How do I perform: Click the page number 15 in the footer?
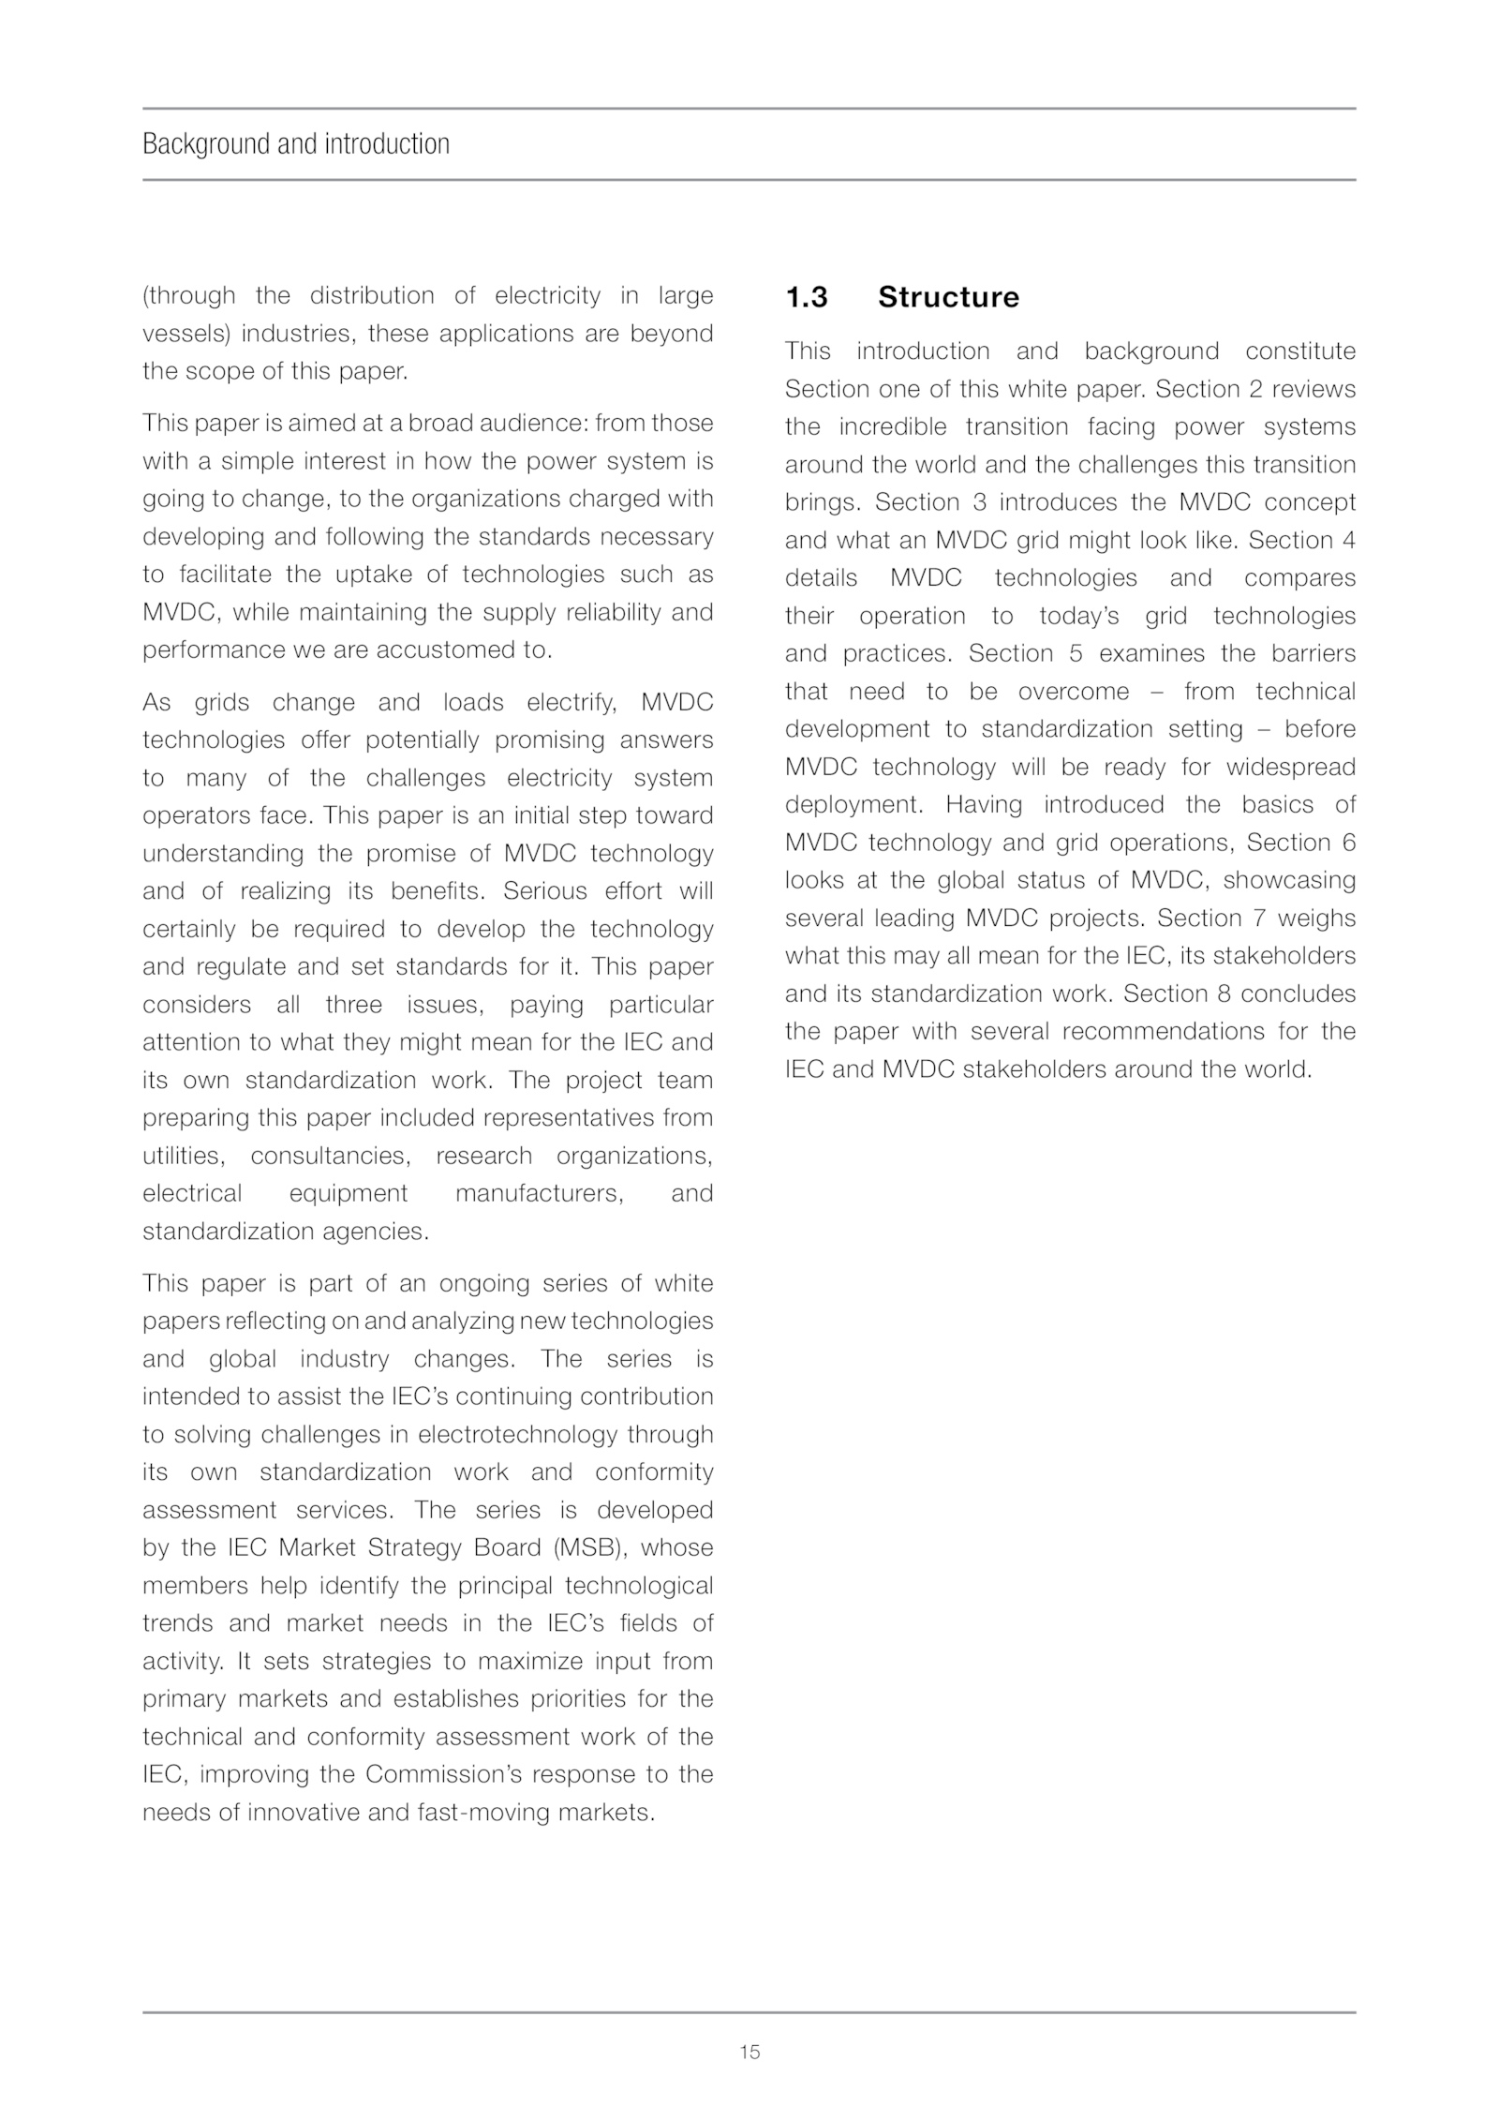749,2052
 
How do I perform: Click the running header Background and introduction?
296,144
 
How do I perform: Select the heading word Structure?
948,297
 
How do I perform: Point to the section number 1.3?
807,297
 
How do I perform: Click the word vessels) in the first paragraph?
186,334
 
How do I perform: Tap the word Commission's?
454,1774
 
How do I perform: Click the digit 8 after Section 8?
1224,993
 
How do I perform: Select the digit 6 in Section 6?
1348,843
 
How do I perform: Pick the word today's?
1078,616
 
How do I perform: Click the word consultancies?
330,1156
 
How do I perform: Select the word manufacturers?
539,1193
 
